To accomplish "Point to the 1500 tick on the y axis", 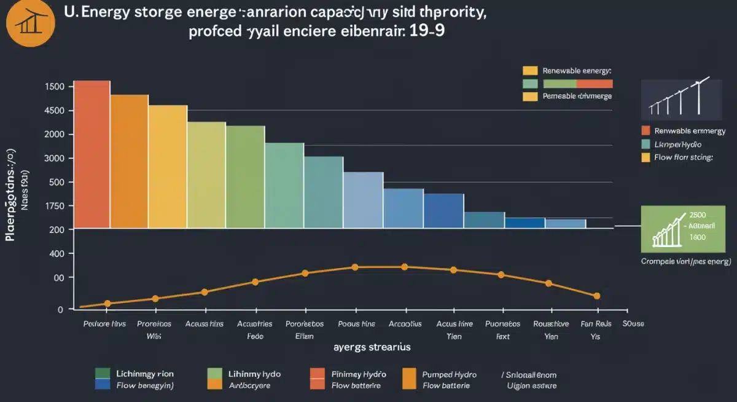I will [x=55, y=87].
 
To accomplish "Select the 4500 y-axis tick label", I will [x=55, y=111].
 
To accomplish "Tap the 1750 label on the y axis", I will [x=55, y=206].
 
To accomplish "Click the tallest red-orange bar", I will [x=92, y=154].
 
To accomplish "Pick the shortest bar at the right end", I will [x=565, y=224].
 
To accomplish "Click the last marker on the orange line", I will [x=596, y=296].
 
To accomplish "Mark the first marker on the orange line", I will [x=107, y=304].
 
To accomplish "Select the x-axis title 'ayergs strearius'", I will [x=372, y=347].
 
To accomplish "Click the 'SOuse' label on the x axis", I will [x=633, y=323].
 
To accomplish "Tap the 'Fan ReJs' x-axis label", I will [x=596, y=323].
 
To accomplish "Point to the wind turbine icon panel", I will [x=680, y=99].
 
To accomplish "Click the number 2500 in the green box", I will [x=698, y=215].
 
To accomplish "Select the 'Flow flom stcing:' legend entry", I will [x=684, y=157].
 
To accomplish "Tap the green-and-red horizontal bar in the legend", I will [x=567, y=84].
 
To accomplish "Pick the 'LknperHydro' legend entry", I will [x=678, y=144].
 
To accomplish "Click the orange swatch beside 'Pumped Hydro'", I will [x=409, y=379].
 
